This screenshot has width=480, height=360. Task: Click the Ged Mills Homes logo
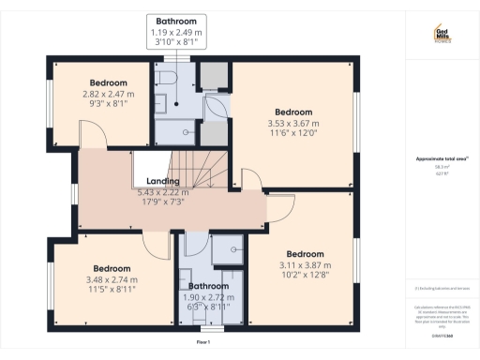tap(442, 35)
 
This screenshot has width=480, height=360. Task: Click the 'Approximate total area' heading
tap(441, 159)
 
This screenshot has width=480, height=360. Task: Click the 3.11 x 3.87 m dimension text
tap(305, 266)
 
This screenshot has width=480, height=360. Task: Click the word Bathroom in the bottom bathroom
tap(208, 286)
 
